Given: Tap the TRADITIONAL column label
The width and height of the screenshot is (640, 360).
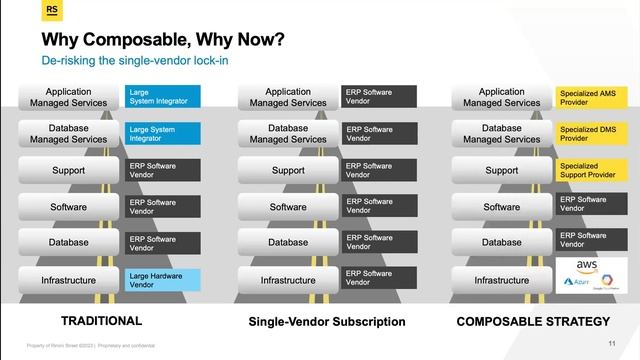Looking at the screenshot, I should pos(102,321).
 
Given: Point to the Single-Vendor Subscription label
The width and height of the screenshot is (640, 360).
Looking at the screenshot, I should pos(326,322).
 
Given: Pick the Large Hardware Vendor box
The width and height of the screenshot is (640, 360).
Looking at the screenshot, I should pos(164,280).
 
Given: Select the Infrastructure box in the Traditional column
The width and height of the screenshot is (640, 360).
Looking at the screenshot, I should pos(69,280).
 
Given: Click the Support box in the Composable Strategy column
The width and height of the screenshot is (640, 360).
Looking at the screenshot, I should pos(502,170).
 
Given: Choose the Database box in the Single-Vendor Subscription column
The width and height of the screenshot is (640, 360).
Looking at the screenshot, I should pos(288,242).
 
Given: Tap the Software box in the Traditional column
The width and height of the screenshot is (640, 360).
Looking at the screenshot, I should pos(69,207).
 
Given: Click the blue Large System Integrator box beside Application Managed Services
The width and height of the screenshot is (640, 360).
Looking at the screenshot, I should pos(164,97).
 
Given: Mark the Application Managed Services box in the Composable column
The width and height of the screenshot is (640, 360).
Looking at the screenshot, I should pos(502,97).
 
